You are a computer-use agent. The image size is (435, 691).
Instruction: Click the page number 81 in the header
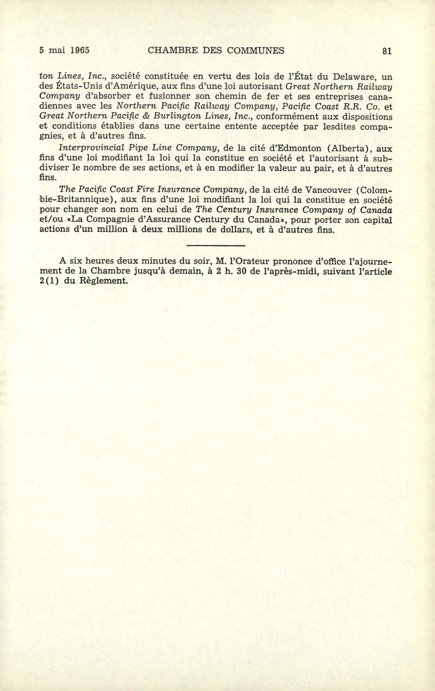coord(387,51)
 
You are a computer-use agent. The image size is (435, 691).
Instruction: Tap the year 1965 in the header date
coord(80,51)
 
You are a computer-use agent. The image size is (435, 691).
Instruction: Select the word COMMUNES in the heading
coord(256,51)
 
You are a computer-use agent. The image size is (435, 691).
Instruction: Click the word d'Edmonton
coord(288,148)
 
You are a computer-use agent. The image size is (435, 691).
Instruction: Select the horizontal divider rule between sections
coord(216,245)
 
